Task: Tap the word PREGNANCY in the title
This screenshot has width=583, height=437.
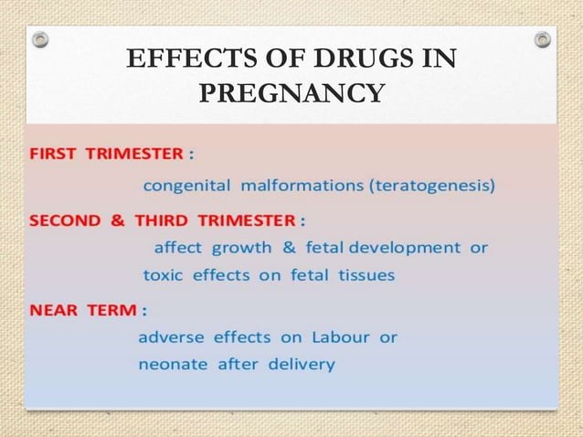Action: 291,94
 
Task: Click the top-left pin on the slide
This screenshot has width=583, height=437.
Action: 39,39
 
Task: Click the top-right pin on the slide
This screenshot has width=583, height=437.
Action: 543,39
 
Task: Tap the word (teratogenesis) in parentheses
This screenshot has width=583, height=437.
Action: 433,187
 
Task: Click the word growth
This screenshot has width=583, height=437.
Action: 241,248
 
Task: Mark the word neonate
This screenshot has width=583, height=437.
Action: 173,364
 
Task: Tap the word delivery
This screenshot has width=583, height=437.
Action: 302,364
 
